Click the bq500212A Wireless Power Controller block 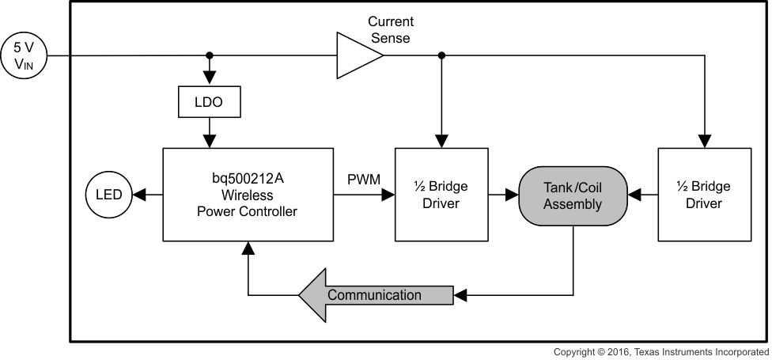pyautogui.click(x=248, y=194)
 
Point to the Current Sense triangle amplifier pyautogui.click(x=358, y=55)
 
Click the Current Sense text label pyautogui.click(x=391, y=29)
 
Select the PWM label pyautogui.click(x=364, y=180)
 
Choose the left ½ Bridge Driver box pyautogui.click(x=441, y=194)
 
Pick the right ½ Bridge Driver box pyautogui.click(x=704, y=194)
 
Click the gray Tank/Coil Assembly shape pyautogui.click(x=573, y=194)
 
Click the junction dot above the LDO pyautogui.click(x=209, y=55)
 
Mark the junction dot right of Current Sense pyautogui.click(x=441, y=55)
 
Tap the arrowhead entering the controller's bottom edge pyautogui.click(x=248, y=248)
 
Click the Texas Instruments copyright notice pyautogui.click(x=660, y=351)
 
